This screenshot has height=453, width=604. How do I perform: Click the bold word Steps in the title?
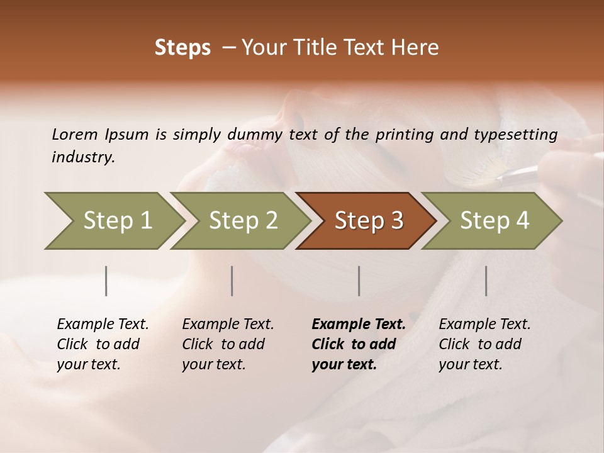[x=182, y=48]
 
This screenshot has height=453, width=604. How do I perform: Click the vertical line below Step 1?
[x=106, y=281]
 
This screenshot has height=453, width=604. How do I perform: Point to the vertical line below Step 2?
[x=232, y=281]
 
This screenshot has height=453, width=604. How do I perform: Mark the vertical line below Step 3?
[x=359, y=281]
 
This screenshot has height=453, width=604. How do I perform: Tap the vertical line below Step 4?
[x=486, y=281]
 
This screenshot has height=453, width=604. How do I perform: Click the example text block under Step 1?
[x=103, y=344]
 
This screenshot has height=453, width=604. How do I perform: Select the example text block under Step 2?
[x=228, y=344]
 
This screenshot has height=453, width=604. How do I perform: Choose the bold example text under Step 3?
[x=358, y=344]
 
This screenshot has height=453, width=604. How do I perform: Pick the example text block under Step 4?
[x=484, y=344]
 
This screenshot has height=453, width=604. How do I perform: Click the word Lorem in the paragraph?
[x=75, y=134]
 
